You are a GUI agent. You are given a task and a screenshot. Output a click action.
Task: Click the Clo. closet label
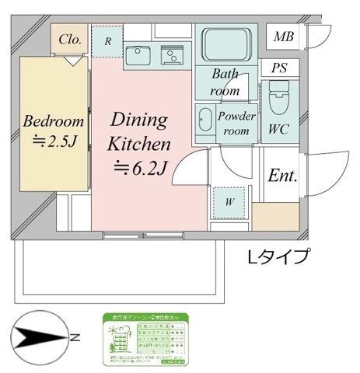coord(69,40)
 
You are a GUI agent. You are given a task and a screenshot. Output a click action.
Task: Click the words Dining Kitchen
coord(138,132)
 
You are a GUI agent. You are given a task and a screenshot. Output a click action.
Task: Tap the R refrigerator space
coord(107,42)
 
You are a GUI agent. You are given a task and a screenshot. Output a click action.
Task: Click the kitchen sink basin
coord(138,55)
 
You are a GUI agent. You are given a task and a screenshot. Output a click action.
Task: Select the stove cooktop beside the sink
coord(171,54)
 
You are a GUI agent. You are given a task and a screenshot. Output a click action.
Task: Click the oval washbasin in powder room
coord(205,121)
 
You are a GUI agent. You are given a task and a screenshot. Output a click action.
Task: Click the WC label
coord(278,130)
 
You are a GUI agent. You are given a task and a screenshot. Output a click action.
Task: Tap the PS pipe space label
coord(278,68)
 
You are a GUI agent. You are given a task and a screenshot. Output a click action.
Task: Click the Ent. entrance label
coord(282,176)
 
